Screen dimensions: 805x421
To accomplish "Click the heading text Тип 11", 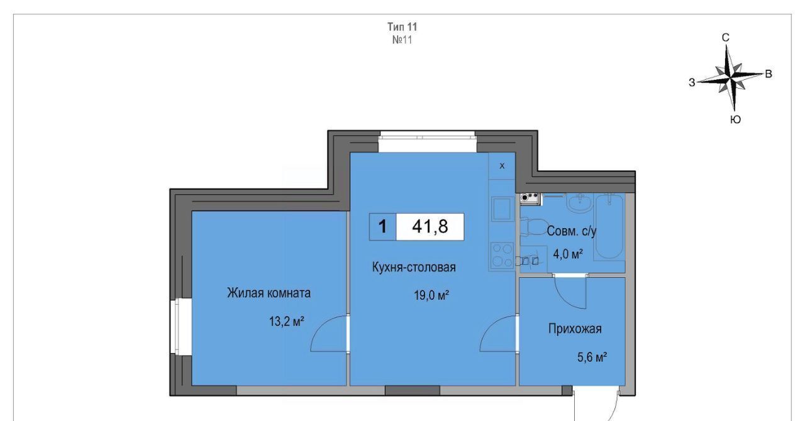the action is point(402,27).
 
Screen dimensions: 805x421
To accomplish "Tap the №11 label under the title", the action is point(402,40).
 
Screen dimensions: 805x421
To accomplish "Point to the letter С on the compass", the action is point(726,38).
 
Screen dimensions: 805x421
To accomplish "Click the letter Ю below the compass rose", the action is point(736,119).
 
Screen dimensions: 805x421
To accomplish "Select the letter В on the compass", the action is point(769,74).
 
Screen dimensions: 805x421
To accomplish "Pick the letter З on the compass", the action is point(692,82).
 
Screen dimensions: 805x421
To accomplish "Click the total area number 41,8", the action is point(430,227).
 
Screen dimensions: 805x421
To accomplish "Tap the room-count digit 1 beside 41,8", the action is point(383,227).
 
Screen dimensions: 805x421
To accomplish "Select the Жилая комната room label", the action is point(269,293).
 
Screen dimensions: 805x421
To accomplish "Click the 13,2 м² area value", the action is point(287,321).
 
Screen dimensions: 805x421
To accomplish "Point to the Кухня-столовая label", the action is point(414,267).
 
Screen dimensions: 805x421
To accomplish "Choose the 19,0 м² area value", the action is point(431,295).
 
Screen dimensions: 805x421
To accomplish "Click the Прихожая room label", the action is point(575,329).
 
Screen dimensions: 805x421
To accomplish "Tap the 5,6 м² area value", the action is point(592,358).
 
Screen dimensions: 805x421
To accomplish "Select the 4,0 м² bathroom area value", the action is point(568,254).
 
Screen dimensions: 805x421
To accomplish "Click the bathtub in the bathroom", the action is point(609,227).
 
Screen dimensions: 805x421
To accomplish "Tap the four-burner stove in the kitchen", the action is point(502,255).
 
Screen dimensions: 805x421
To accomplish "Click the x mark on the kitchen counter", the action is point(502,166).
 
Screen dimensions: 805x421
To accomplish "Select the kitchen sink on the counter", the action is point(502,209).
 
